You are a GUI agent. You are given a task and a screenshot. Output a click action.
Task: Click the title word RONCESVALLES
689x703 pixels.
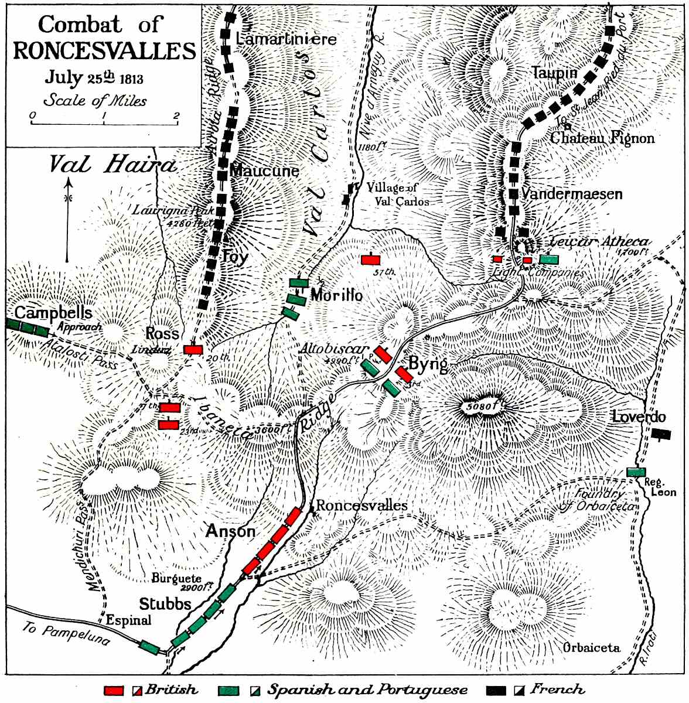coord(104,51)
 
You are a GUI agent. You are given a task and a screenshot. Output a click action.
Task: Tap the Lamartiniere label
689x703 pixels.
coord(286,39)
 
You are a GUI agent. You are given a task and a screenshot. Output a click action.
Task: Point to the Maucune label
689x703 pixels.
coord(264,171)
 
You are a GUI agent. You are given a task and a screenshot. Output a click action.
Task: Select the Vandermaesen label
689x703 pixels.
coord(571,194)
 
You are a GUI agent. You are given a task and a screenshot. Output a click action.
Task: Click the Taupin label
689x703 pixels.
coord(554,73)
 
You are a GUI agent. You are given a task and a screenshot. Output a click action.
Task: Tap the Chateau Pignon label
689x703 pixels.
coord(602,138)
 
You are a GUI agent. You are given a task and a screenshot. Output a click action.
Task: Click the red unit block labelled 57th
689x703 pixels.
coord(371,260)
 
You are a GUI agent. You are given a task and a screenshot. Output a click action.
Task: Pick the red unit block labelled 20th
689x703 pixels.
coord(193,350)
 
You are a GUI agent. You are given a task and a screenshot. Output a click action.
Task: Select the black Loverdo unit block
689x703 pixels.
coord(661,434)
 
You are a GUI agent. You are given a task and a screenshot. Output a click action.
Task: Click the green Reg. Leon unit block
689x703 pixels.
coord(636,472)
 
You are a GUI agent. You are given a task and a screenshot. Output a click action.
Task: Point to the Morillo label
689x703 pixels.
coord(336,295)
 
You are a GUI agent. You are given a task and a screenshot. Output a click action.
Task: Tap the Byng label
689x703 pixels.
coord(428,364)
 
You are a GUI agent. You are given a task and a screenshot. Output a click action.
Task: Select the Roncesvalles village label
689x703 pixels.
coord(361,505)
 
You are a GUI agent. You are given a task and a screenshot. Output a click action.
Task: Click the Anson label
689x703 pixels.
coord(230,531)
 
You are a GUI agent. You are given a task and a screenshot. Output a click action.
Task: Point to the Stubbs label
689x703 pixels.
coord(165,603)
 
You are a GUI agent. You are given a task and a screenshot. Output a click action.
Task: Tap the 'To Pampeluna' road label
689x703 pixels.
coord(66,634)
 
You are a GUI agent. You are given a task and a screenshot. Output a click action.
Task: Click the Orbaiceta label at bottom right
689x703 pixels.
coord(591,647)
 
